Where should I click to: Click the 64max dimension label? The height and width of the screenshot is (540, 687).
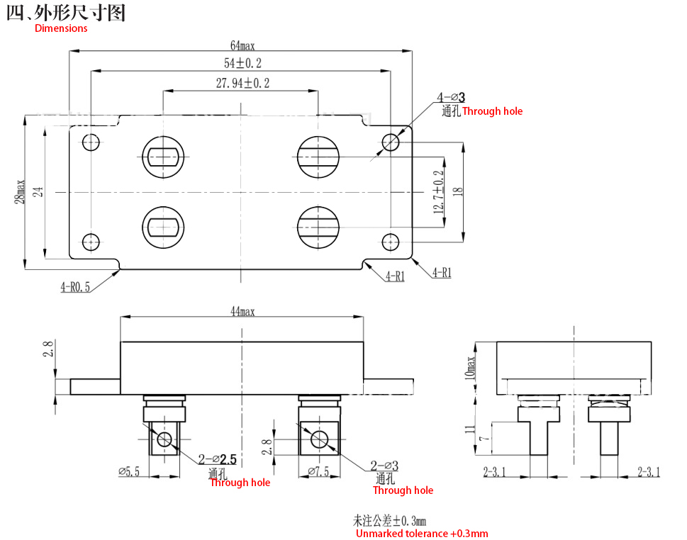242,45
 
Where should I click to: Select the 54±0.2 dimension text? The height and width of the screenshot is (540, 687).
242,63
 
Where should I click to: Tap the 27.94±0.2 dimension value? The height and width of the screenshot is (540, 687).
242,83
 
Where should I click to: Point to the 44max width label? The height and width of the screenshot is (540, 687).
242,311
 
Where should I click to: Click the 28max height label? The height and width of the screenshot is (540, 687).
19,191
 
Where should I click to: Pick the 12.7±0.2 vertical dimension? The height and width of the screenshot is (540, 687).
439,192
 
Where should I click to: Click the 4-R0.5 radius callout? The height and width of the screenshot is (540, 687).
75,287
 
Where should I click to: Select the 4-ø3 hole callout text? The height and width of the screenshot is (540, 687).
451,97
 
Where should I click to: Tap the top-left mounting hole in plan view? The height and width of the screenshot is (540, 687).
91,142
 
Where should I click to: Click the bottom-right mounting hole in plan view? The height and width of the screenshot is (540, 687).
390,242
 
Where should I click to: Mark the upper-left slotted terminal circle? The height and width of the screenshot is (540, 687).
163,157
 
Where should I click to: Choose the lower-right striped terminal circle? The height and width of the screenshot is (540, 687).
318,227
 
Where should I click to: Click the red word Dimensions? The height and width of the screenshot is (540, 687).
61,28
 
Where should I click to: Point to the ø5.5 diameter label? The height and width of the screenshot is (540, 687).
129,472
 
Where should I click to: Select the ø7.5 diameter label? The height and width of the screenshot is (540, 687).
318,472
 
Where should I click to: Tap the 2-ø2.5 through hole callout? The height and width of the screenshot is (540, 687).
218,459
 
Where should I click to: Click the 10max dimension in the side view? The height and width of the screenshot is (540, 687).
469,368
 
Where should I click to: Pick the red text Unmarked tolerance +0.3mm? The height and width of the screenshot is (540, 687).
422,534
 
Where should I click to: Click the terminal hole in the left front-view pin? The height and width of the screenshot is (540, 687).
164,439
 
